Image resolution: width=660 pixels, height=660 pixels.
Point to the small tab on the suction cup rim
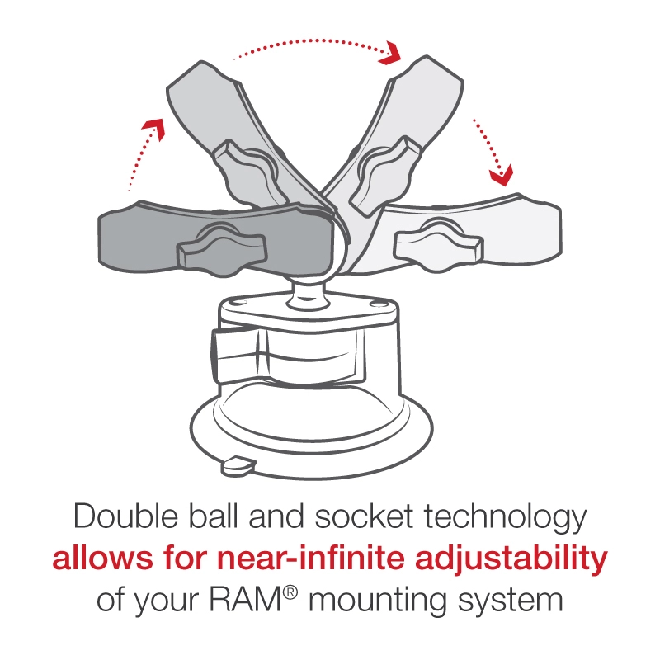pyautogui.click(x=238, y=466)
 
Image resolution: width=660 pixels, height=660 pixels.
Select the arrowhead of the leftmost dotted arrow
pyautogui.click(x=150, y=124)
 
